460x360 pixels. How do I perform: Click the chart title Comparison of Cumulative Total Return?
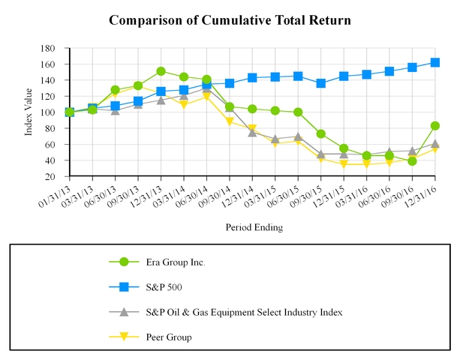pos(230,19)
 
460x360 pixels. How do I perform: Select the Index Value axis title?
pos(29,112)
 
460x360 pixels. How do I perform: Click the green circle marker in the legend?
pos(124,262)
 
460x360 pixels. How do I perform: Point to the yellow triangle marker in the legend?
pos(124,337)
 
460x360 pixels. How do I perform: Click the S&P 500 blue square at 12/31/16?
pos(435,62)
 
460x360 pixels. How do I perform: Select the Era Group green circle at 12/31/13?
pos(161,71)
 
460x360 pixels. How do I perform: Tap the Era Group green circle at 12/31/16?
pos(435,126)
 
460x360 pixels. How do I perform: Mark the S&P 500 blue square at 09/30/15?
pos(321,83)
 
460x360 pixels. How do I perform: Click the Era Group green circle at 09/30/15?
pos(321,134)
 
